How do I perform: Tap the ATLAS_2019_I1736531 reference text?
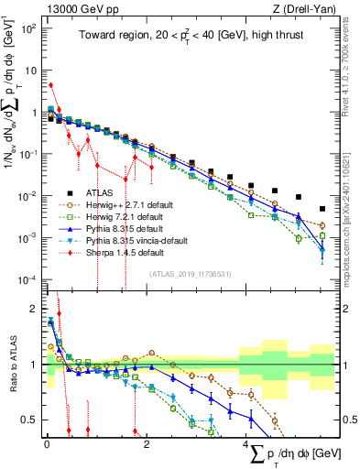(189, 274)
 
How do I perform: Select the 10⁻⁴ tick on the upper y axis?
(29, 279)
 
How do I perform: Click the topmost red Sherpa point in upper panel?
(50, 85)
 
